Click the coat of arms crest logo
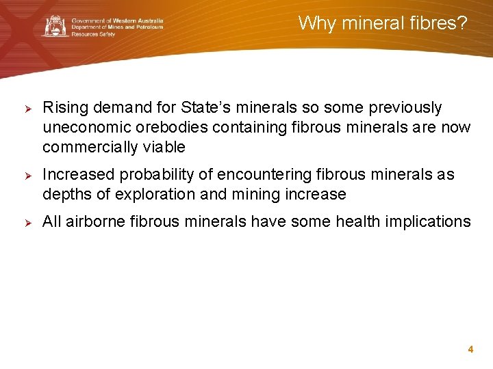[55, 27]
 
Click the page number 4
[470, 349]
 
